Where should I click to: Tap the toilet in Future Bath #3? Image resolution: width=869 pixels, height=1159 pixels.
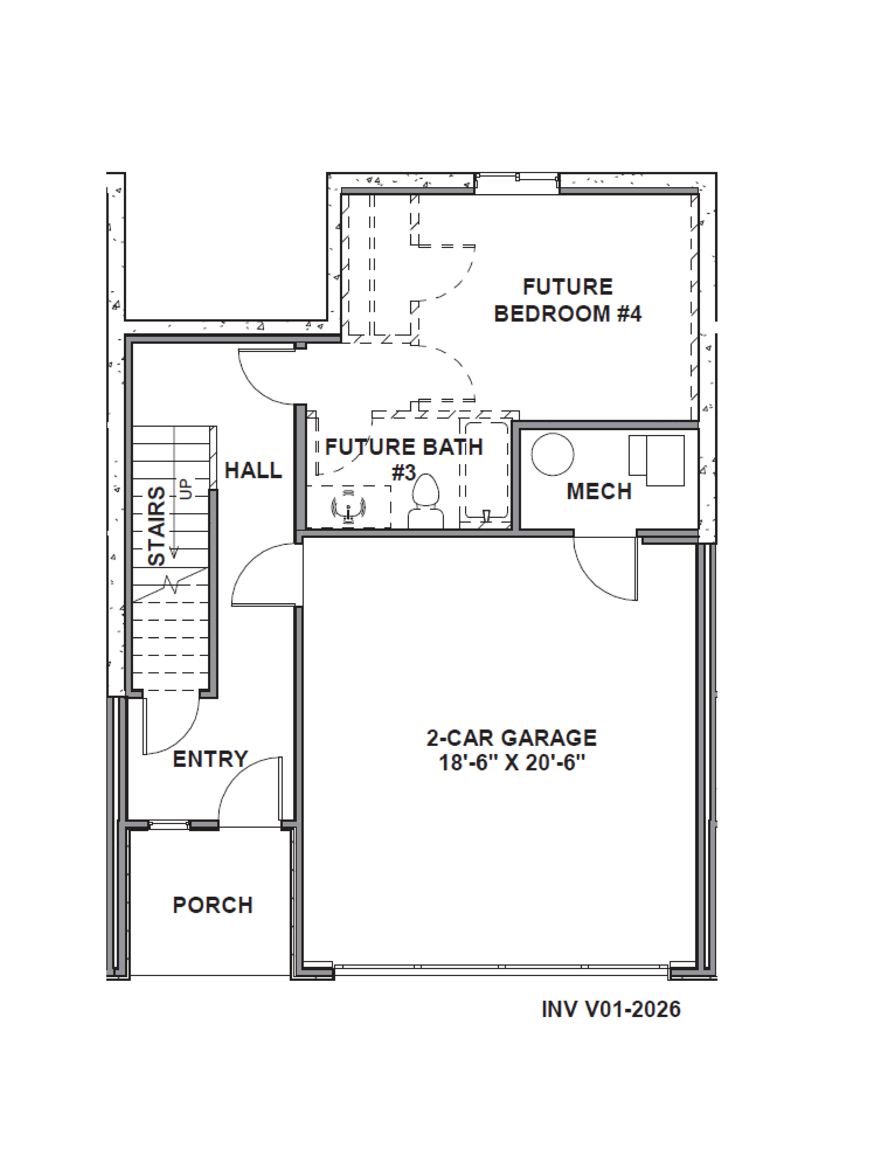coord(426,502)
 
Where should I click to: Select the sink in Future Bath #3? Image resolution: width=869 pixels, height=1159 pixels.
coord(348,507)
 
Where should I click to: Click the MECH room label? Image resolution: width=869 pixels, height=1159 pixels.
coord(599,491)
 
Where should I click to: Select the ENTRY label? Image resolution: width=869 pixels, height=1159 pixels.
coord(210,759)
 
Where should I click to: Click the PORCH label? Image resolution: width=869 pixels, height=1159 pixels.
coord(213,905)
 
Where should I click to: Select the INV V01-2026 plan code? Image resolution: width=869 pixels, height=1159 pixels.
coord(611,1009)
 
